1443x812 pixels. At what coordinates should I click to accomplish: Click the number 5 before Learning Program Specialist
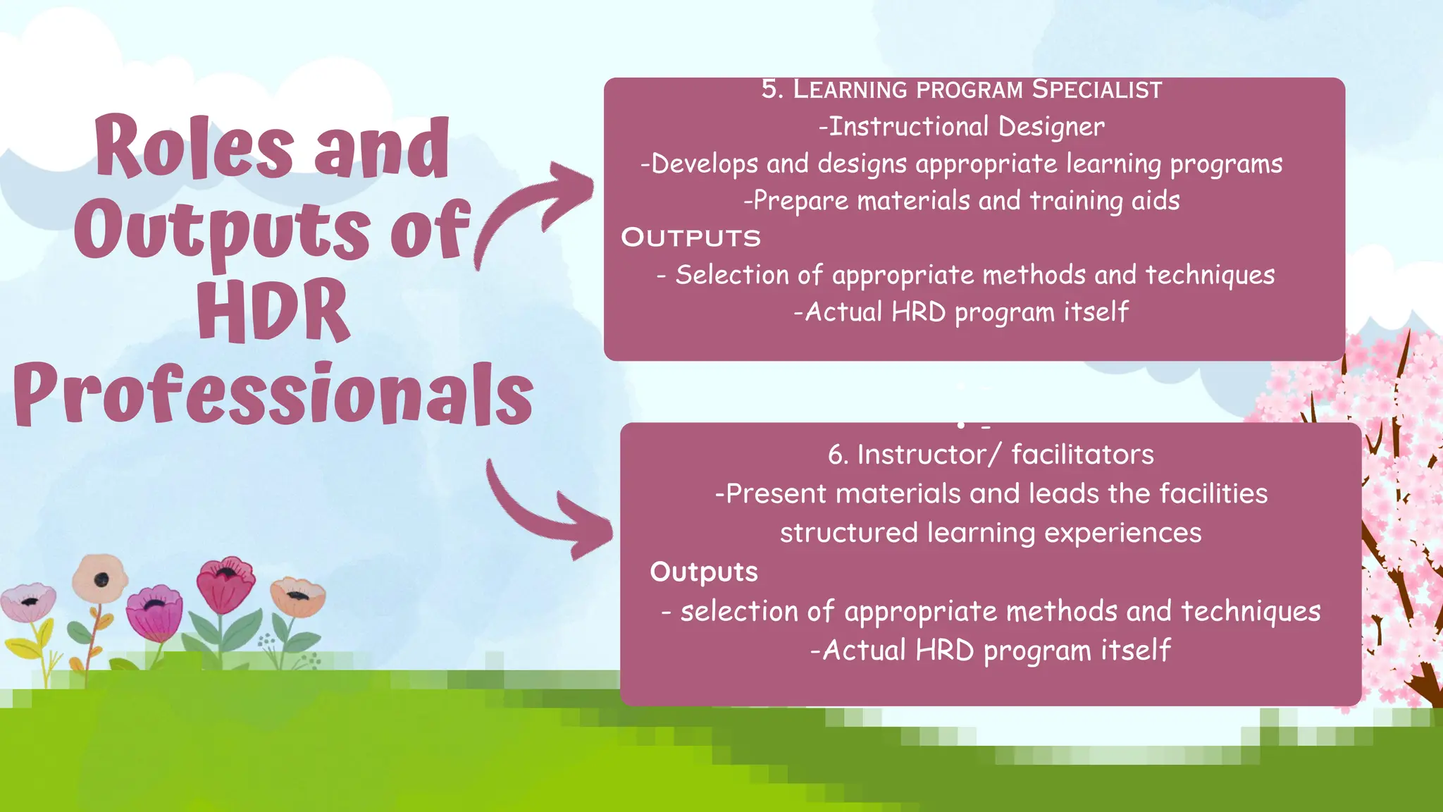coord(771,90)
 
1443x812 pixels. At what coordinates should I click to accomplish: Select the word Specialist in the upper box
coord(1096,90)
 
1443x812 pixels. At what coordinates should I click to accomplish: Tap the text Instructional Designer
coord(962,127)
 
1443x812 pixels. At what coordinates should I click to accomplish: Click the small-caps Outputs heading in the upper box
coord(690,238)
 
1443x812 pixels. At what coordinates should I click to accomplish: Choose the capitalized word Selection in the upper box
coord(732,275)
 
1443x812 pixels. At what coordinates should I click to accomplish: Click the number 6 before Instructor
coord(836,455)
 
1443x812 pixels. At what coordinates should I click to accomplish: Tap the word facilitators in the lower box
coord(1082,455)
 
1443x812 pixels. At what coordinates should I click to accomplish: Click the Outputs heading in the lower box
coord(703,572)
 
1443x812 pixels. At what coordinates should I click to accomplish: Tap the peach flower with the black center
coord(100,578)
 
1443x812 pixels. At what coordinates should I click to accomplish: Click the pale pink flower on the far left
coord(28,601)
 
